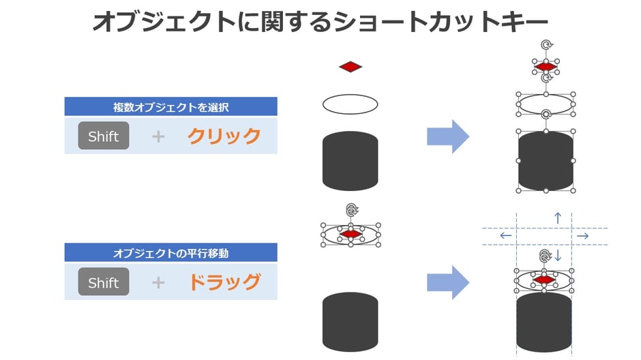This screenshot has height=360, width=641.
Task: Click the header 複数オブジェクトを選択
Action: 170,107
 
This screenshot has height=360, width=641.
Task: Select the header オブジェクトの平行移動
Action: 170,253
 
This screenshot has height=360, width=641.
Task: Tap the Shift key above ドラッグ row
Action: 104,282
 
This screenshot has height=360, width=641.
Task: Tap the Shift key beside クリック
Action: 104,136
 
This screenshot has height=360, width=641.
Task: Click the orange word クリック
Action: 224,136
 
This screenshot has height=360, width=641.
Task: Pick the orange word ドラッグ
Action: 224,282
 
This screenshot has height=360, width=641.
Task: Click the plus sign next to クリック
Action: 158,136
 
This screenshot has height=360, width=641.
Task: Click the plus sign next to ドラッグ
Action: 158,282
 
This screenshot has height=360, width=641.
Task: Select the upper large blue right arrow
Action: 448,136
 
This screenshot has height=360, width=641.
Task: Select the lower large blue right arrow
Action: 448,282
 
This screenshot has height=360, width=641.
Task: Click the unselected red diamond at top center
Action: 351,67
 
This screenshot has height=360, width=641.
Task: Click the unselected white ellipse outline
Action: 350,104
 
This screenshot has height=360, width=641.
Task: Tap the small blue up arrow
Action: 558,218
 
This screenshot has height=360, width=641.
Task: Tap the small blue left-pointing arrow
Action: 505,236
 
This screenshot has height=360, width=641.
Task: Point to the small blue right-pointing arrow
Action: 582,236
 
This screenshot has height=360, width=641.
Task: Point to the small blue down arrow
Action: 557,256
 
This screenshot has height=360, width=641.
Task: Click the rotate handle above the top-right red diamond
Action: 546,45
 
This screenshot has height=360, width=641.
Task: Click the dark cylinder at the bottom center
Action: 350,322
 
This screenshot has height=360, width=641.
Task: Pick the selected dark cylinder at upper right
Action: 546,162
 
